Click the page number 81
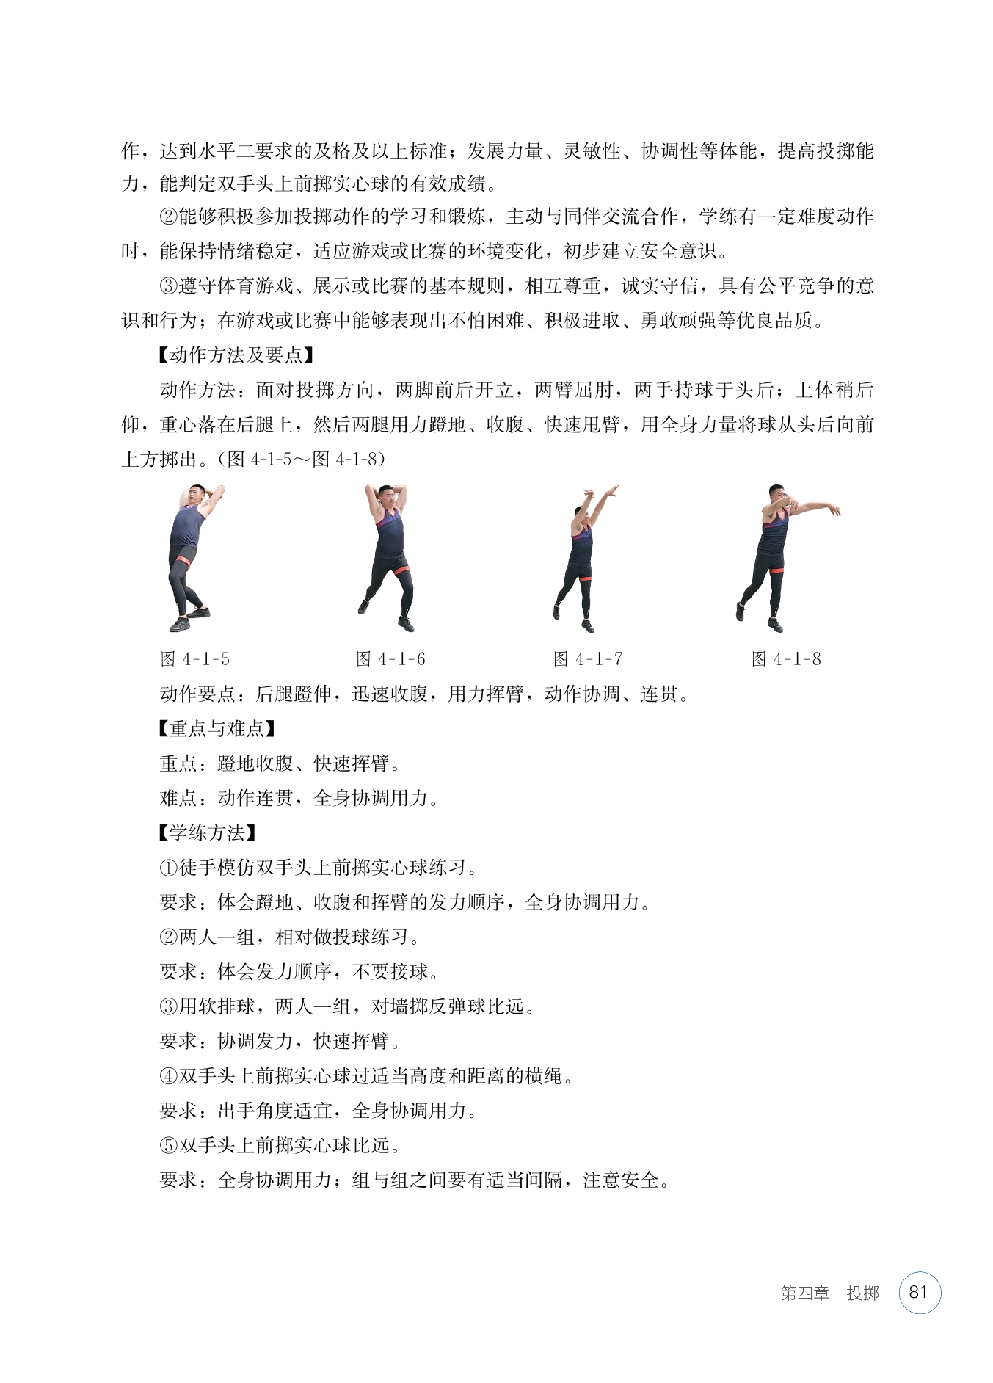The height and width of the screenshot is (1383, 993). pos(919,1292)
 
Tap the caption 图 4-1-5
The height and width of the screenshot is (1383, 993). pos(195,659)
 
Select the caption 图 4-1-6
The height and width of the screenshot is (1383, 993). pos(390,659)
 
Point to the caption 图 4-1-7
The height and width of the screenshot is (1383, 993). pos(588,659)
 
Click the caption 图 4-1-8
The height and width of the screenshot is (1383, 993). pos(786,659)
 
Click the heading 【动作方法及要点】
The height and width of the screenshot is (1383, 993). pos(235,355)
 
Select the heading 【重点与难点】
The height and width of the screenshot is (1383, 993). pos(216,729)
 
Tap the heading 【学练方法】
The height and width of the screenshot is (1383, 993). pos(206,833)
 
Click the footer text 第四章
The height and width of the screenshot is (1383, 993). pos(804,1293)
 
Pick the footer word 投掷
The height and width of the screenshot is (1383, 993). pos(862,1293)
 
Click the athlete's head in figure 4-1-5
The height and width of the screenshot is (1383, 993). pos(195,493)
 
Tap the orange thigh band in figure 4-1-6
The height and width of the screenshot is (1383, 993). pos(400,570)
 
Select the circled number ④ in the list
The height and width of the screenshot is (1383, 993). pos(169,1077)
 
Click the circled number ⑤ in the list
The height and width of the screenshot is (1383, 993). pos(169,1146)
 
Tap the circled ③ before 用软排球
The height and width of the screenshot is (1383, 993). pos(169,1007)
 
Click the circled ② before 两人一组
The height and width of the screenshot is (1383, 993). pos(169,937)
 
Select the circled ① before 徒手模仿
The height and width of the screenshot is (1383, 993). pos(169,868)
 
